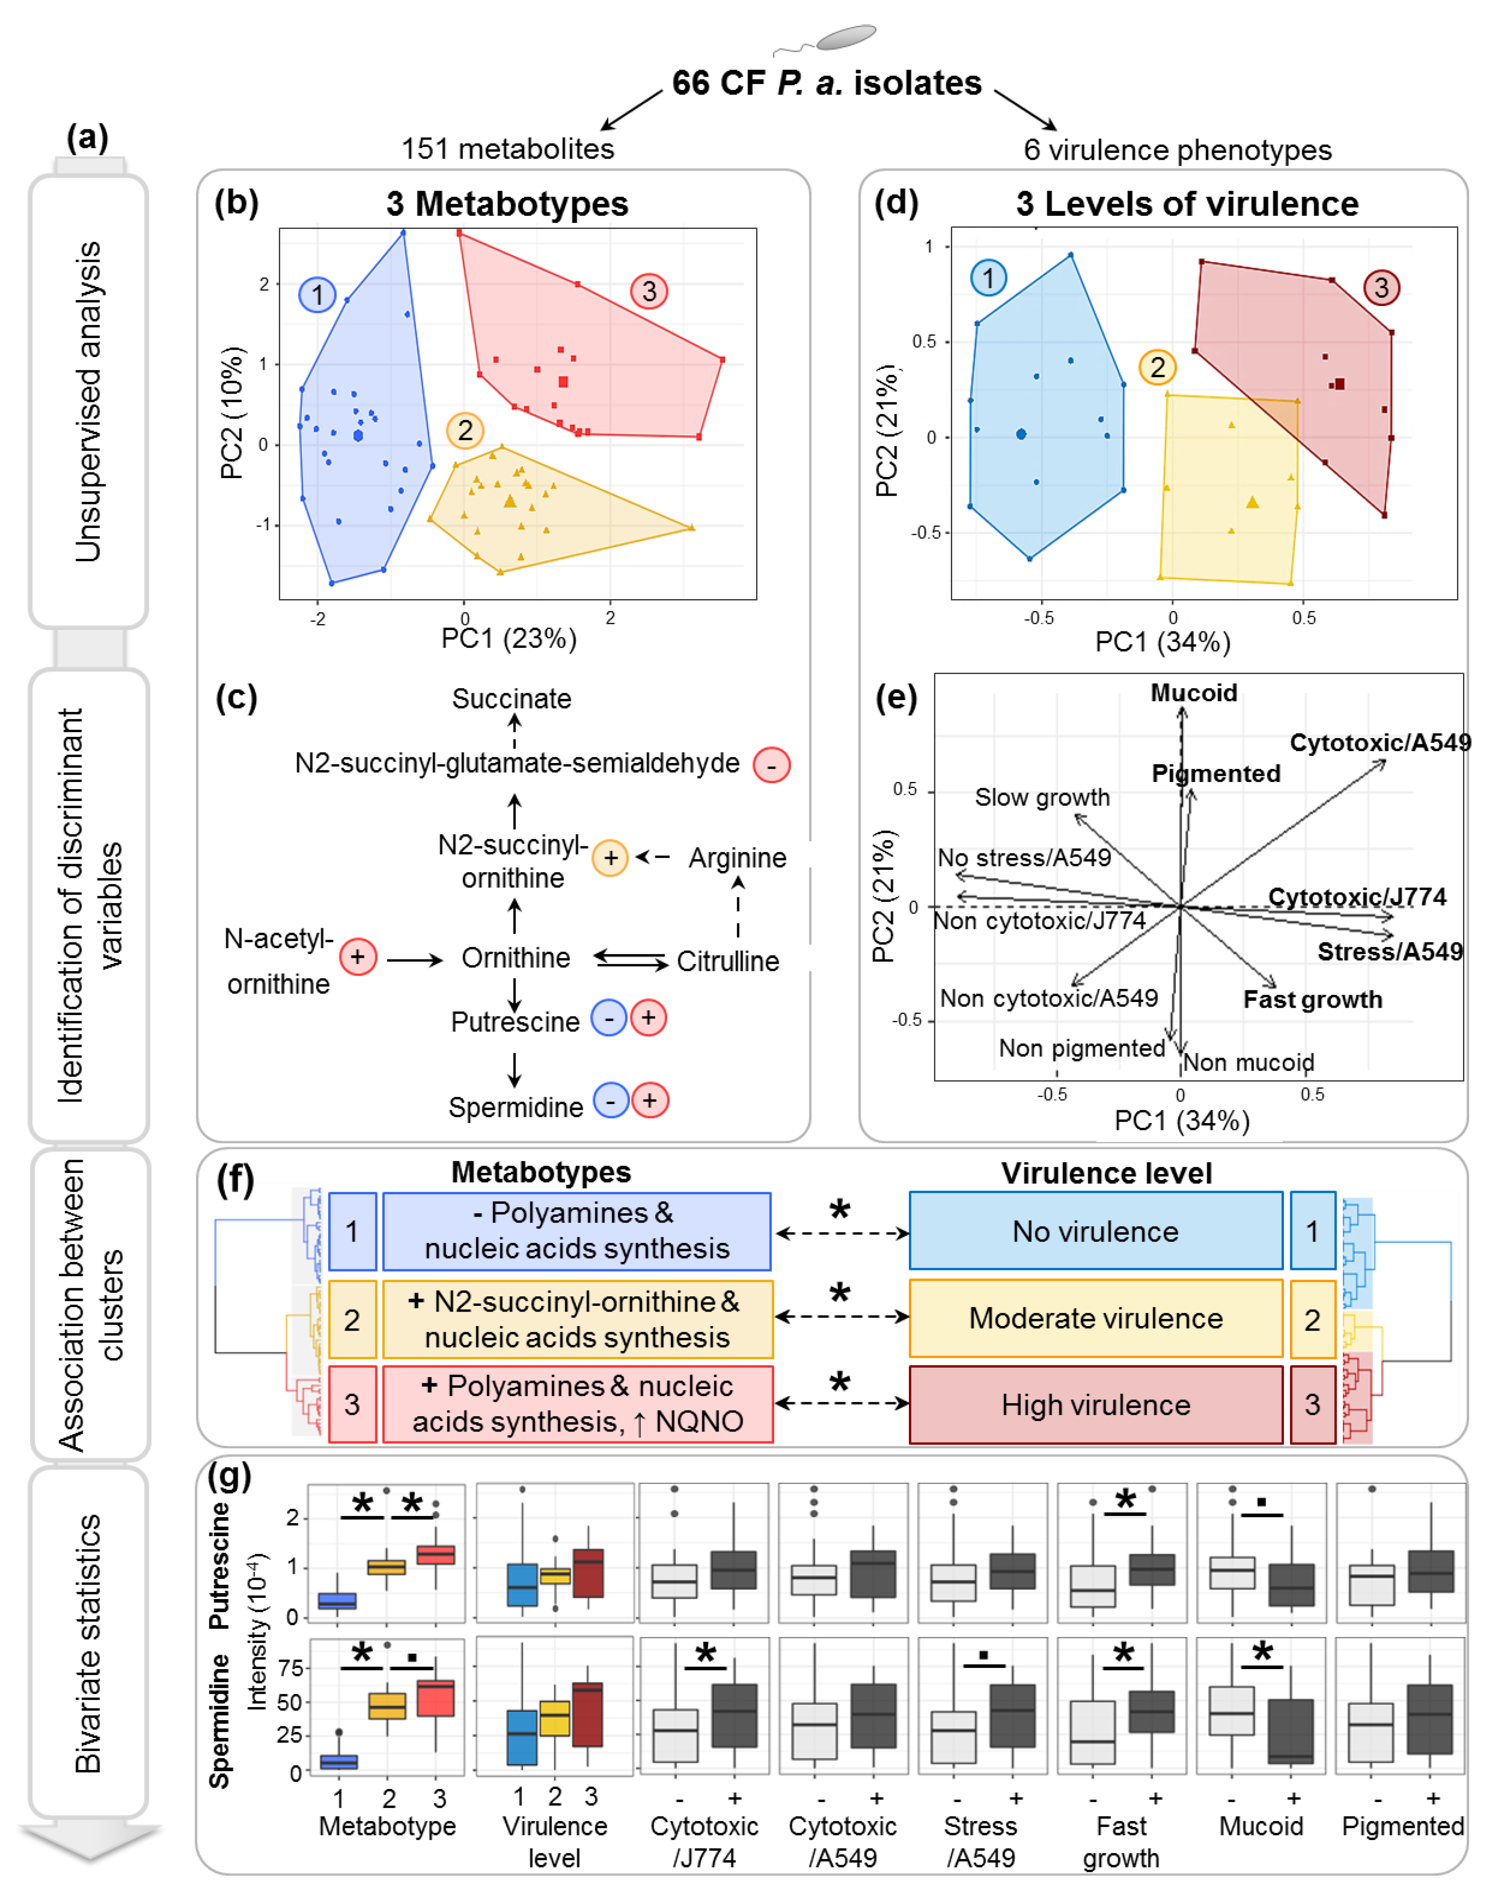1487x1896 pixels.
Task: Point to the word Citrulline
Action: click(x=728, y=962)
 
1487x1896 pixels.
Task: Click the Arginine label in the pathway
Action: click(x=738, y=858)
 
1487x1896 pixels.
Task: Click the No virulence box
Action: click(x=1095, y=1232)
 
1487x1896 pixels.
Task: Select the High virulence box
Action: click(x=1095, y=1405)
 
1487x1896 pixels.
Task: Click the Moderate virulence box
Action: click(x=1095, y=1319)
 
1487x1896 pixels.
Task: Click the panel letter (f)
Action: click(x=235, y=1181)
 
